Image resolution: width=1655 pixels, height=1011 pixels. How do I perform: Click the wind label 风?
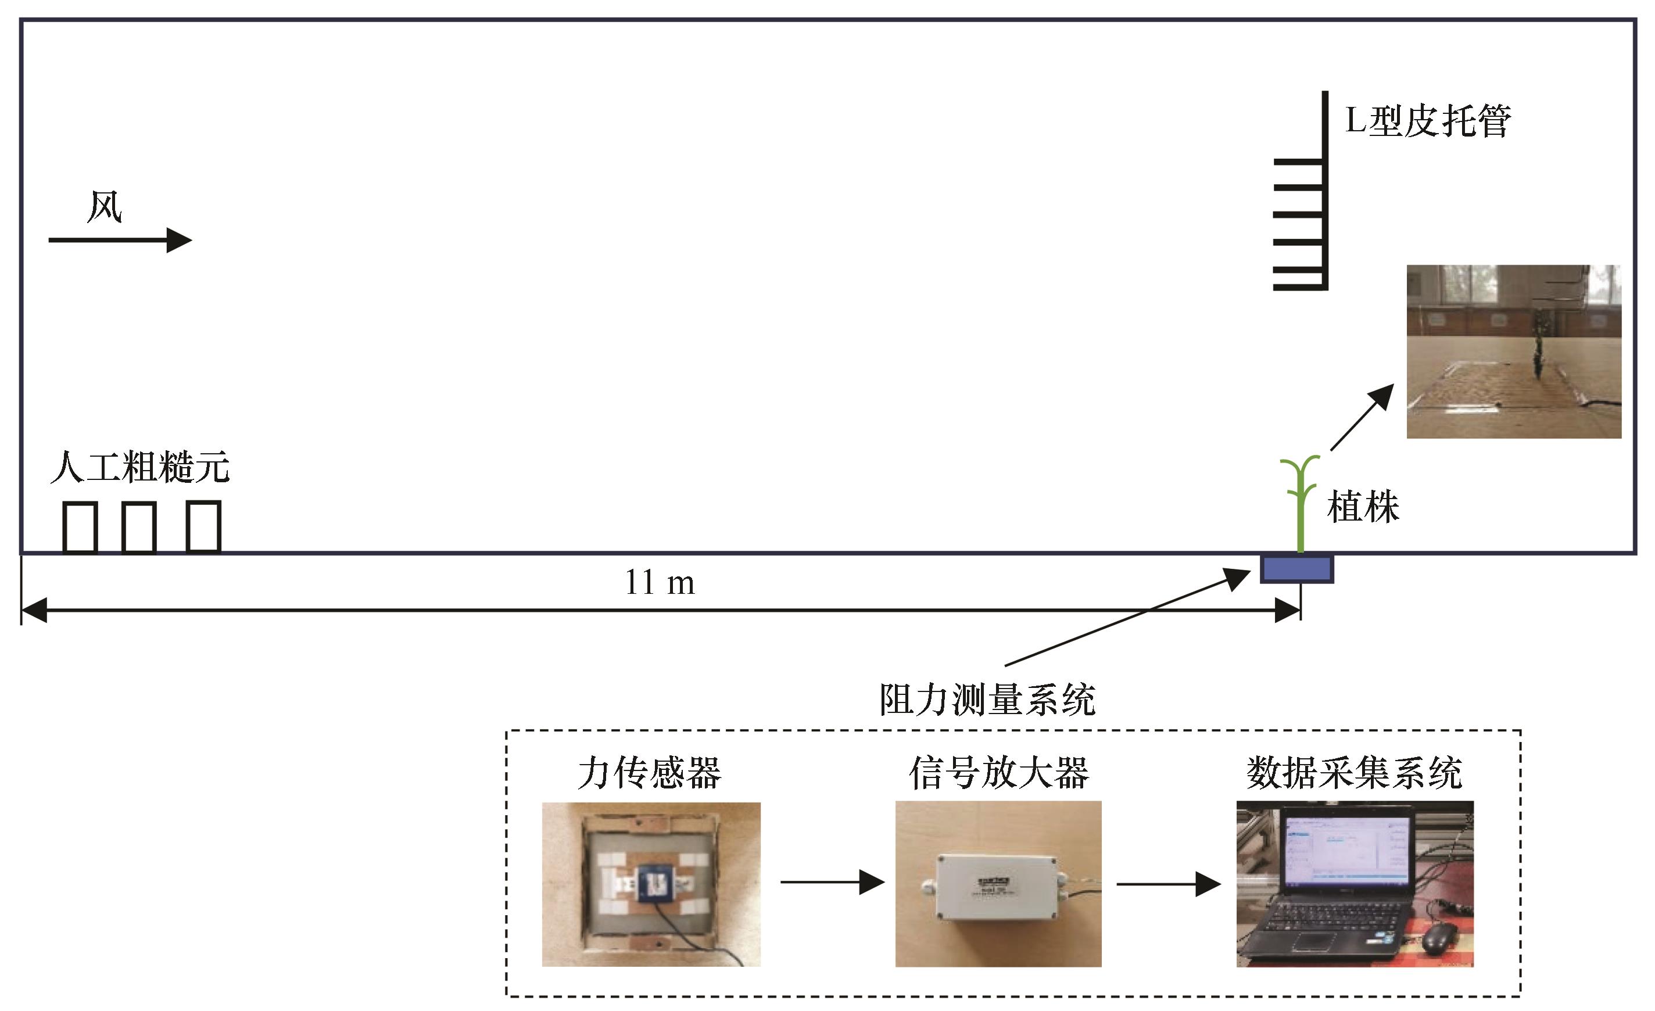(105, 207)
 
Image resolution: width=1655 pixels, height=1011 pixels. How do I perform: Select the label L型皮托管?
(1427, 121)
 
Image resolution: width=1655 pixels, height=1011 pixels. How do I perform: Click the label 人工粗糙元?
(139, 467)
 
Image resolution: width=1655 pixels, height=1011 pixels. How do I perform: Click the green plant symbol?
(1301, 504)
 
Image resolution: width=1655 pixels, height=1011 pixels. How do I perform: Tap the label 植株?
(1363, 507)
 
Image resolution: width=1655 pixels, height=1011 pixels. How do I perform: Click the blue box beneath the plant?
(1296, 569)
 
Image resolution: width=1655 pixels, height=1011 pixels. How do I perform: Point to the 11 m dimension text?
(660, 582)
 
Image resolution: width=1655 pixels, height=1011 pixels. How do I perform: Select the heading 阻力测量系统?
(987, 700)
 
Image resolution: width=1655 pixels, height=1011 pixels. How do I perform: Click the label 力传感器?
(650, 773)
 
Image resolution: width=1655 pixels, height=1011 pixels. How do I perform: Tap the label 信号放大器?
(999, 773)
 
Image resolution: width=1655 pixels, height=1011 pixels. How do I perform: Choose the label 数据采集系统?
(1354, 773)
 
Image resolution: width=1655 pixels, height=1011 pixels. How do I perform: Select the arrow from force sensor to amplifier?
(832, 882)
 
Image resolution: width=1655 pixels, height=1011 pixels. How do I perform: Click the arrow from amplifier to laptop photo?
(1169, 884)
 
